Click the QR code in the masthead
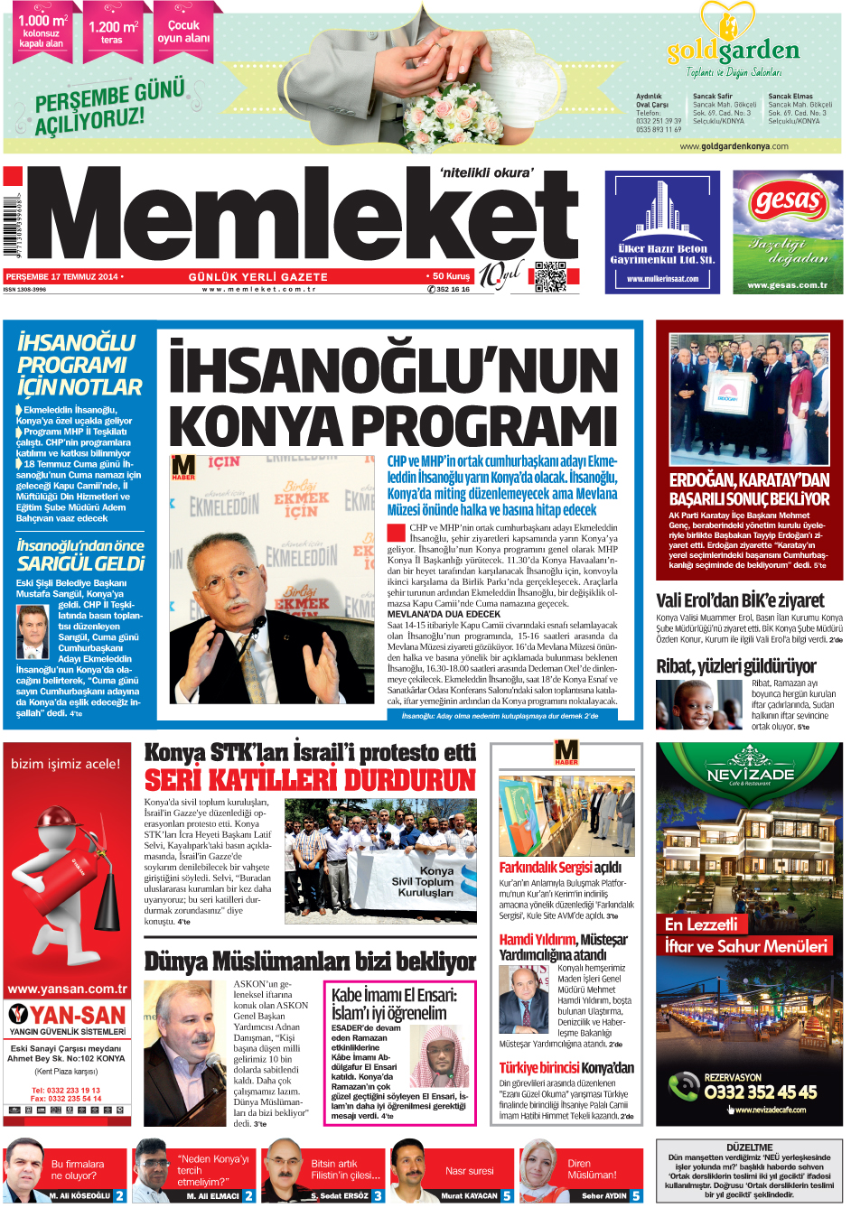point(550,276)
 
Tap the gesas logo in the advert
point(788,201)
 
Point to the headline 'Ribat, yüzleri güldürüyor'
point(735,666)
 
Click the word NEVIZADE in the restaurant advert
point(750,775)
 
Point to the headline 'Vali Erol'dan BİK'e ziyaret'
point(739,600)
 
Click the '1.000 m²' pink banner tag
point(42,32)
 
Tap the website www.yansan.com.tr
point(67,989)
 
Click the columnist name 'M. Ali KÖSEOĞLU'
point(79,1195)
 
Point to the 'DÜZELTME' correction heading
point(749,1148)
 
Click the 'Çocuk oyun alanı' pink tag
point(183,32)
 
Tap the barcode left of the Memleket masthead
point(12,222)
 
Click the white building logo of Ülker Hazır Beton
point(662,210)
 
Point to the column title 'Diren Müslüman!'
point(592,1169)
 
